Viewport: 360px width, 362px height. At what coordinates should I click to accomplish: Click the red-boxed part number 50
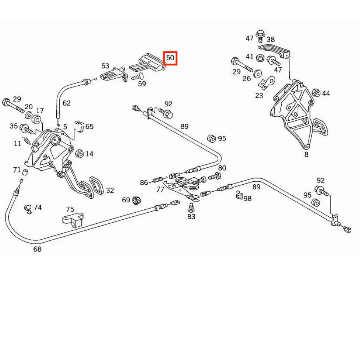pos(170,58)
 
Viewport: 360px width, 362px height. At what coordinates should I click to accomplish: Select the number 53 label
pos(105,66)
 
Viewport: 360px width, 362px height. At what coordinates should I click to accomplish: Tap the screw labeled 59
pos(137,77)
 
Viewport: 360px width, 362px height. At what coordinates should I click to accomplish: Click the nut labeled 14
pos(79,153)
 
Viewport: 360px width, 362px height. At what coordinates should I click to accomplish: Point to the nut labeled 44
pos(316,93)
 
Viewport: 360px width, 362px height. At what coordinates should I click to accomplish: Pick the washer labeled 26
pos(257,74)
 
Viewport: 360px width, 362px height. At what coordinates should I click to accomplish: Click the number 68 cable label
pos(38,249)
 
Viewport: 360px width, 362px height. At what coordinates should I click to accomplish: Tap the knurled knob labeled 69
pos(137,200)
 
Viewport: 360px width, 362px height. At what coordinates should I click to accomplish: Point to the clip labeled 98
pos(239,195)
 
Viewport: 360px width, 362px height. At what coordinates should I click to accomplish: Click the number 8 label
pos(306,155)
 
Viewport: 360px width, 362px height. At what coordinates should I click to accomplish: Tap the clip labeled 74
pos(28,209)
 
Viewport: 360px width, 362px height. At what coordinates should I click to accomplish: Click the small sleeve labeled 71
pos(25,172)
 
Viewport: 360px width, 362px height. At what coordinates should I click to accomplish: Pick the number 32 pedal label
pos(110,191)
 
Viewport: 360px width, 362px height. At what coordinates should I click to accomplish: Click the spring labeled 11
pos(27,141)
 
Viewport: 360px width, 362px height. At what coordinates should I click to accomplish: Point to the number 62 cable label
pos(67,103)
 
